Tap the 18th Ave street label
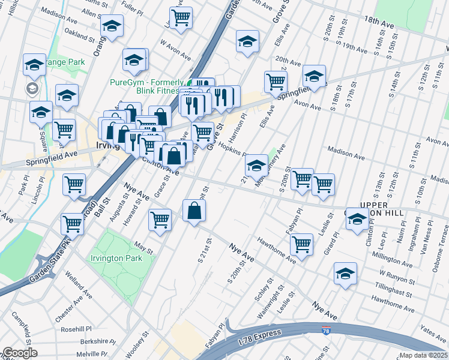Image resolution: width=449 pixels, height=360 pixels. pos(378,22)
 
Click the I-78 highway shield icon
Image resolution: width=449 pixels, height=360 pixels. pos(325,331)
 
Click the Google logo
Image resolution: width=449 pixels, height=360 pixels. pos(20,353)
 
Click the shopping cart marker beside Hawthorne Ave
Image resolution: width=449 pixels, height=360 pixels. pos(301,244)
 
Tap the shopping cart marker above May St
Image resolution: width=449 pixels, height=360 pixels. pos(160,220)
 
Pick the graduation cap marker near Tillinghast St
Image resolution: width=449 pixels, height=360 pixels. pos(345,273)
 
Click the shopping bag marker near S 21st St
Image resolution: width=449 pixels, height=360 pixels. pos(194,211)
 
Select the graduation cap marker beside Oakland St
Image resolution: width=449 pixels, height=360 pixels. pos(112,26)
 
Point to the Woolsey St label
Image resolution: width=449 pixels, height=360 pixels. pos(142,343)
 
